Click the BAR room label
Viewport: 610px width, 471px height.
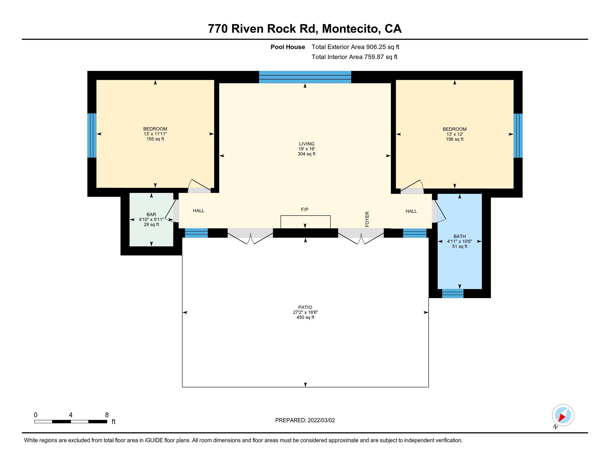coord(151,214)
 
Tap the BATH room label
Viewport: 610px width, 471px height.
coord(459,236)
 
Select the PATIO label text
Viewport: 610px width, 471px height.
coord(305,307)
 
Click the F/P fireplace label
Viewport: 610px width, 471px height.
coord(304,209)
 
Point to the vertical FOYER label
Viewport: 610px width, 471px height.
coord(367,219)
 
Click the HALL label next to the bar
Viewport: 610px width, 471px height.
coord(199,211)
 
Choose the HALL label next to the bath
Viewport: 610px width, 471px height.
coord(411,211)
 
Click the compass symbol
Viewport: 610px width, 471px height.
coord(563,415)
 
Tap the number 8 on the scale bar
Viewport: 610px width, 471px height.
coord(107,415)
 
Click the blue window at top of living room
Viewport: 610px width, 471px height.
coord(305,77)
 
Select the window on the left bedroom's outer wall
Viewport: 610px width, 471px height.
coord(92,135)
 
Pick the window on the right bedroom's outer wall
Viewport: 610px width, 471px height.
coord(518,135)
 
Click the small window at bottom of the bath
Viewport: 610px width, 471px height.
coord(453,293)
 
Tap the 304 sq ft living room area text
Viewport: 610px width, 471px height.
coord(306,154)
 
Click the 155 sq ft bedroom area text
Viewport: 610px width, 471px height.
coord(155,139)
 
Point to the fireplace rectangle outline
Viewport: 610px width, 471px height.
coord(305,222)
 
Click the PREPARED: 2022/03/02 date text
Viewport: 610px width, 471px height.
coord(305,420)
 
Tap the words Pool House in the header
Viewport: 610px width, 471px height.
coord(288,47)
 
